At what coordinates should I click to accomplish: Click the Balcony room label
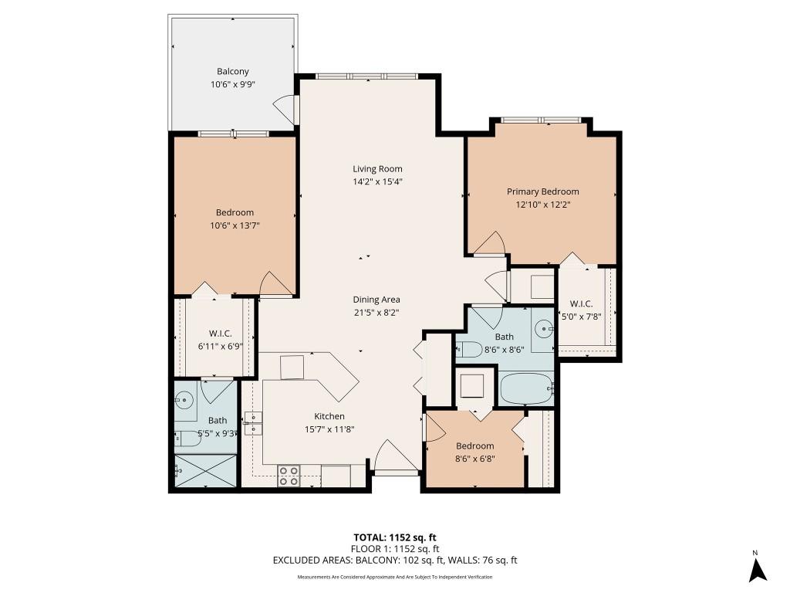pyautogui.click(x=232, y=72)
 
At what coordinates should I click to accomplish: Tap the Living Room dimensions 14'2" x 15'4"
pyautogui.click(x=377, y=182)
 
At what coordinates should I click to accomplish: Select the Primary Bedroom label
pyautogui.click(x=542, y=191)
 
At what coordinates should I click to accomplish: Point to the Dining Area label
pyautogui.click(x=376, y=300)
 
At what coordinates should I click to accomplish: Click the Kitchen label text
pyautogui.click(x=329, y=416)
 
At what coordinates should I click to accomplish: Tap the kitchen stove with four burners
pyautogui.click(x=289, y=476)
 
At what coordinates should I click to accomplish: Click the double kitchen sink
pyautogui.click(x=254, y=424)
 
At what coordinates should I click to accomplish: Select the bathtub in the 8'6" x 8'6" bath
pyautogui.click(x=527, y=388)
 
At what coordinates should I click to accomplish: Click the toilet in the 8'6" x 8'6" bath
pyautogui.click(x=468, y=349)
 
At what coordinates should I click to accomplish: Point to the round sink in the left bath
pyautogui.click(x=184, y=400)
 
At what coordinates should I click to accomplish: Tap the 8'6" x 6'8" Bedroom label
pyautogui.click(x=474, y=446)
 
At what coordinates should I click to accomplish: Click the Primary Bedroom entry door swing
pyautogui.click(x=490, y=246)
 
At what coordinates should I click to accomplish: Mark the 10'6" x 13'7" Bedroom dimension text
pyautogui.click(x=232, y=225)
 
